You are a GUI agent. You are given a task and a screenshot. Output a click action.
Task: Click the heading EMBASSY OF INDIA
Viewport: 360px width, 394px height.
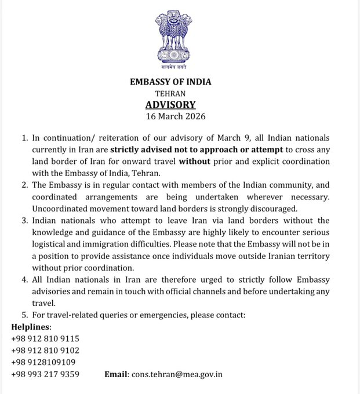coord(171,82)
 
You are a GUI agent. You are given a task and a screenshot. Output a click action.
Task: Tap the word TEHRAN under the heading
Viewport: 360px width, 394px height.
coord(170,93)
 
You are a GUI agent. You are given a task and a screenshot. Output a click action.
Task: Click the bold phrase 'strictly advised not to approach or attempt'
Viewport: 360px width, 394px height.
coord(189,149)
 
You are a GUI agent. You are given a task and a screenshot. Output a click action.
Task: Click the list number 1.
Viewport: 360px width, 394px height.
coord(24,138)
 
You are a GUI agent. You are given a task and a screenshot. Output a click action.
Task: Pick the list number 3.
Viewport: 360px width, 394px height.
coord(24,220)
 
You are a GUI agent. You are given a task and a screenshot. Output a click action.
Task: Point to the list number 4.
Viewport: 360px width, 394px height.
coord(24,280)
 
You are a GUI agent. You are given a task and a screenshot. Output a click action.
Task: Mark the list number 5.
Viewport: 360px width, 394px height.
coord(24,315)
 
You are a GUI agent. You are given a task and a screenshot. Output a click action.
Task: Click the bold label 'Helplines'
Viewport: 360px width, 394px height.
coord(31,327)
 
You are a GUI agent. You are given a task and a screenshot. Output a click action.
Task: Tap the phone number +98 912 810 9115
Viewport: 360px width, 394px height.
coord(45,338)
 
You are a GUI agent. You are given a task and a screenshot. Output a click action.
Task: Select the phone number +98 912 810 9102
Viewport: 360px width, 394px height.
coord(45,351)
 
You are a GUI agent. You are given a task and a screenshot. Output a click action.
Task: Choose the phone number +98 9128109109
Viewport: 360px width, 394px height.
coord(43,362)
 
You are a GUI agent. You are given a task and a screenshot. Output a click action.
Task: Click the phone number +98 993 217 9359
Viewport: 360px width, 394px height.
coord(45,374)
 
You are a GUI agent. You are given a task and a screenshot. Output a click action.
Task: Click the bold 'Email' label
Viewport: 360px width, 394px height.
coord(116,374)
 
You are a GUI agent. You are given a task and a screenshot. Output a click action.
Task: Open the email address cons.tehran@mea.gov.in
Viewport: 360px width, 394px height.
coord(177,374)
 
